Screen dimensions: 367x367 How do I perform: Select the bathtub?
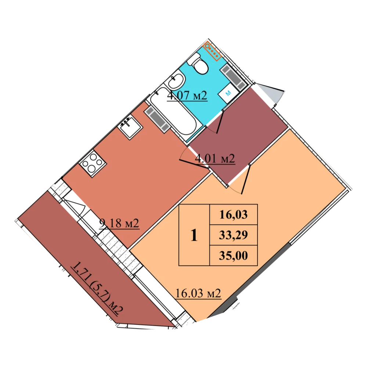coord(173,114)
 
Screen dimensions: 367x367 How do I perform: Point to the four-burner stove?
coord(93,163)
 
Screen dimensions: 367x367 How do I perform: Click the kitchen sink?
coord(130,128)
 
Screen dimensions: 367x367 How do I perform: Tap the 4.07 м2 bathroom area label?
coord(187,95)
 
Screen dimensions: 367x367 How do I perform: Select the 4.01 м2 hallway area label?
coord(215,159)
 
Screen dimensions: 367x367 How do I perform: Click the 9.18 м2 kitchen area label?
coord(119,223)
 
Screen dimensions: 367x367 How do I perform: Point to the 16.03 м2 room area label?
coord(198,293)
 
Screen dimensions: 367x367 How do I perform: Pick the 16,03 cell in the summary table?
coord(233,215)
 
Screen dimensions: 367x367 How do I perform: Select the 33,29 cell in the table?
coord(233,235)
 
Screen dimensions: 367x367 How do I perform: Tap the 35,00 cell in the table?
coord(233,255)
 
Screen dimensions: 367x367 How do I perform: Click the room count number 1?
coord(194,235)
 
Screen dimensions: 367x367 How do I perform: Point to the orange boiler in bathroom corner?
coord(212,51)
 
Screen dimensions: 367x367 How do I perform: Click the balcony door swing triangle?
coord(75,206)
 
